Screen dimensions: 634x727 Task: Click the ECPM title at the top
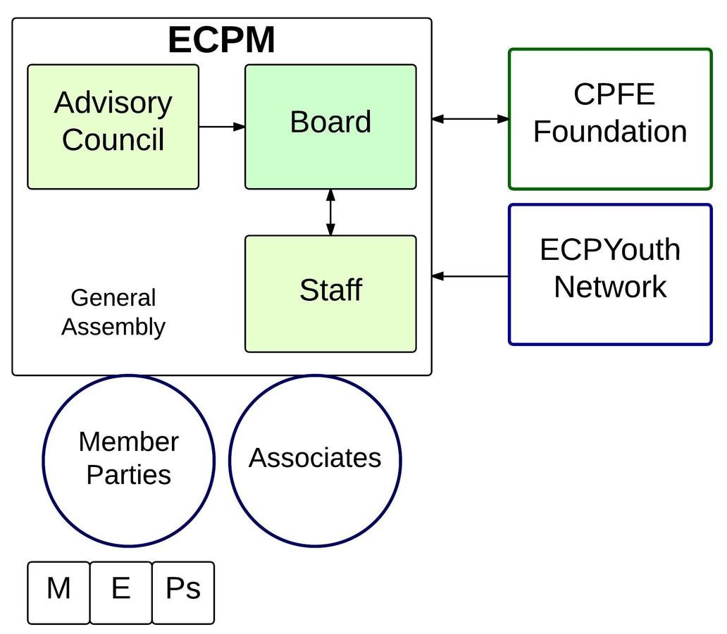tap(221, 40)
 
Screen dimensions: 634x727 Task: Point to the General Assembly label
tap(113, 312)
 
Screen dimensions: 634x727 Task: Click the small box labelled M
tap(58, 592)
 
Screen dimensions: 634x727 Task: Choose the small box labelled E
tap(120, 592)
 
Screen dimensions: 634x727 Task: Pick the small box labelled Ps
tap(182, 592)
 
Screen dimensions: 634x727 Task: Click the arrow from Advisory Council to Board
tap(222, 127)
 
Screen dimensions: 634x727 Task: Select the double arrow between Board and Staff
tap(330, 212)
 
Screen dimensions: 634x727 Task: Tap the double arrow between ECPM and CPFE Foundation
tap(470, 119)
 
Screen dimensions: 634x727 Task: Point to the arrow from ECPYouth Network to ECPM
tap(470, 276)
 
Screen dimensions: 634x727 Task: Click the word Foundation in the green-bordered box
tap(610, 132)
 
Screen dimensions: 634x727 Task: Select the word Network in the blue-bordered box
tap(610, 287)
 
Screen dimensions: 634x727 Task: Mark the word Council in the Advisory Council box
tap(113, 139)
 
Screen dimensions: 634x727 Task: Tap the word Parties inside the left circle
tap(128, 475)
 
